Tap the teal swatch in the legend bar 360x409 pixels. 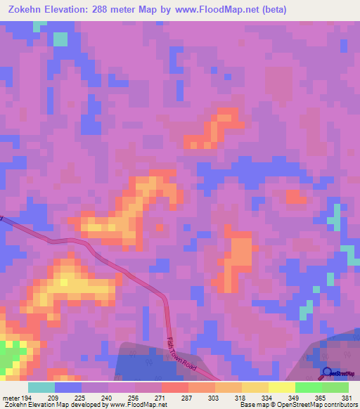point(41,387)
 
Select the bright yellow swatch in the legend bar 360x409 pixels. point(282,387)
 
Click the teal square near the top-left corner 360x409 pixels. point(61,39)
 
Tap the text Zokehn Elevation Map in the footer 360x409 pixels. point(35,405)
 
